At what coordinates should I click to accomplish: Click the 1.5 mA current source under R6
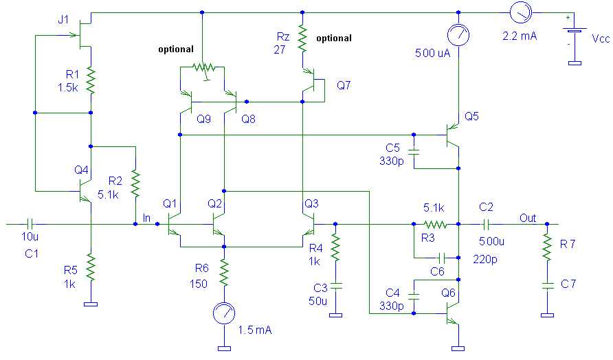(x=224, y=313)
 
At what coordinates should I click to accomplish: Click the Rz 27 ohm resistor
(x=302, y=40)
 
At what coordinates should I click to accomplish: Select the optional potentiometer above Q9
(x=202, y=68)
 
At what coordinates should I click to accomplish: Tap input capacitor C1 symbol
(x=30, y=224)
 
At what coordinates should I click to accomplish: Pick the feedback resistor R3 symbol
(x=435, y=224)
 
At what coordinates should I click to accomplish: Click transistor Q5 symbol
(x=451, y=135)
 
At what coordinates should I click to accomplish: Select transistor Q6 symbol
(x=451, y=313)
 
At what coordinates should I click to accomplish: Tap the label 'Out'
(x=527, y=218)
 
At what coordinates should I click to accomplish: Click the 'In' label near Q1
(x=146, y=218)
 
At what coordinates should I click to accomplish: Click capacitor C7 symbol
(x=547, y=282)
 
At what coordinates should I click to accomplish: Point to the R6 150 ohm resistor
(x=224, y=272)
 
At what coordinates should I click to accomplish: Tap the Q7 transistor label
(x=342, y=86)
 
